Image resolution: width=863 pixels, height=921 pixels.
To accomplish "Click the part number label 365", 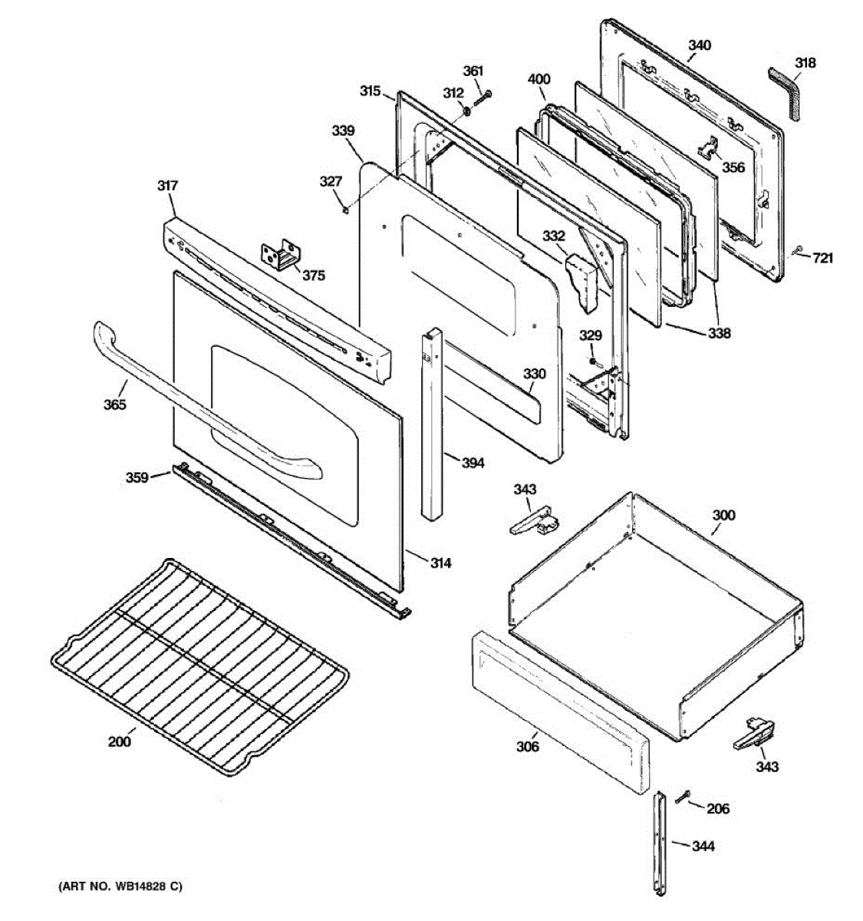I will (x=116, y=404).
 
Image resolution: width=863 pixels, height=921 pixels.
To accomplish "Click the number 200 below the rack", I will (x=120, y=741).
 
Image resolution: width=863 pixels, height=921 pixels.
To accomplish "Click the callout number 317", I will (x=168, y=186).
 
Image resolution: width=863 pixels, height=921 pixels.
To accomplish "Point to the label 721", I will (x=822, y=258).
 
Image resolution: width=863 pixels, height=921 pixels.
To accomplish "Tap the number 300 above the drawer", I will (x=723, y=515).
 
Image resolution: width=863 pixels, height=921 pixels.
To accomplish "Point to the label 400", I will (x=539, y=79).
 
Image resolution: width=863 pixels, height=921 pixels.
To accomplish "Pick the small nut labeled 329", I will (x=592, y=361).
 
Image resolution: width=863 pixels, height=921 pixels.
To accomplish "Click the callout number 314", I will (x=440, y=563).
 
